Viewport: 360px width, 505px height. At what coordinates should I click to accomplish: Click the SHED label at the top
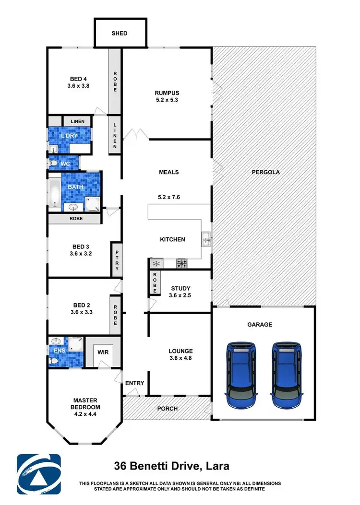[x=120, y=33]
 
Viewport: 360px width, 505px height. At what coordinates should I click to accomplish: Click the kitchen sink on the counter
[x=205, y=238]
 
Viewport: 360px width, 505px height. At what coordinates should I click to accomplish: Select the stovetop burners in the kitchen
[x=182, y=263]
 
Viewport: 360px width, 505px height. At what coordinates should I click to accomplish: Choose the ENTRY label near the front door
[x=134, y=383]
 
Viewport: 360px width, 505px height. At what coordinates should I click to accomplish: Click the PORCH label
[x=168, y=409]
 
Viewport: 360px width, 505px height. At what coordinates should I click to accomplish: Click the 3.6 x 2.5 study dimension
[x=181, y=296]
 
